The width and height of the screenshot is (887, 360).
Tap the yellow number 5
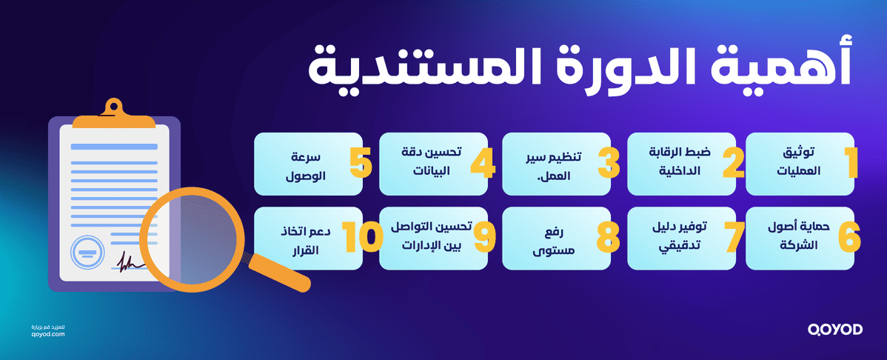pos(361,164)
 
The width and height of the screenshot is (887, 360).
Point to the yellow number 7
pos(734,237)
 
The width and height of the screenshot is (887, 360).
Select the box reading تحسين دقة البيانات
pos(433,164)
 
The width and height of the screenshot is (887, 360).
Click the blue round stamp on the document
pos(85,253)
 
